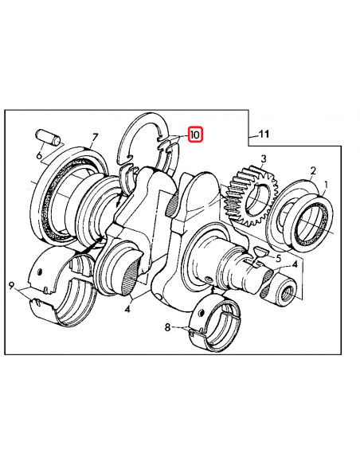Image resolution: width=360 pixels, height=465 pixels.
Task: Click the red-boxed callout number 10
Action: (195, 135)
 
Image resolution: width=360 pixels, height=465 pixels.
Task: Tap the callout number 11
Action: (264, 135)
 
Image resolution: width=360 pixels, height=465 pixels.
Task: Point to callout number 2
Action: (313, 170)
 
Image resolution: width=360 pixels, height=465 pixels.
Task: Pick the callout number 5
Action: (278, 259)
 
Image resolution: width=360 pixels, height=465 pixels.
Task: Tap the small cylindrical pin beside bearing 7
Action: (47, 136)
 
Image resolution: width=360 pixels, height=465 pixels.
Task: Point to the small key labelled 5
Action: (257, 252)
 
